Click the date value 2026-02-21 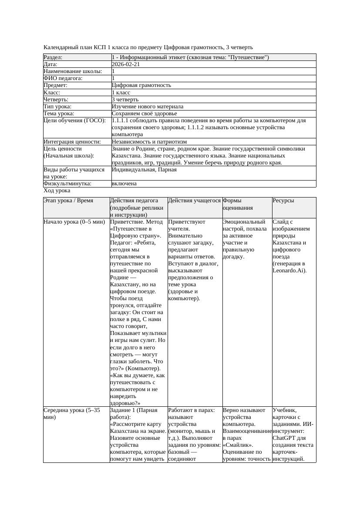[x=126, y=64]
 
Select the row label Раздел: [x=53, y=57]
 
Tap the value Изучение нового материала [x=147, y=107]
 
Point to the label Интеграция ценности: [x=72, y=142]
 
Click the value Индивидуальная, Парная [x=144, y=170]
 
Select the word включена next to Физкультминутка [x=124, y=184]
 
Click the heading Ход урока [x=57, y=191]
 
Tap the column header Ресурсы [x=283, y=201]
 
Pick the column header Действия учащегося [x=194, y=201]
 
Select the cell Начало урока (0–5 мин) [x=74, y=222]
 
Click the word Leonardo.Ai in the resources [x=289, y=271]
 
